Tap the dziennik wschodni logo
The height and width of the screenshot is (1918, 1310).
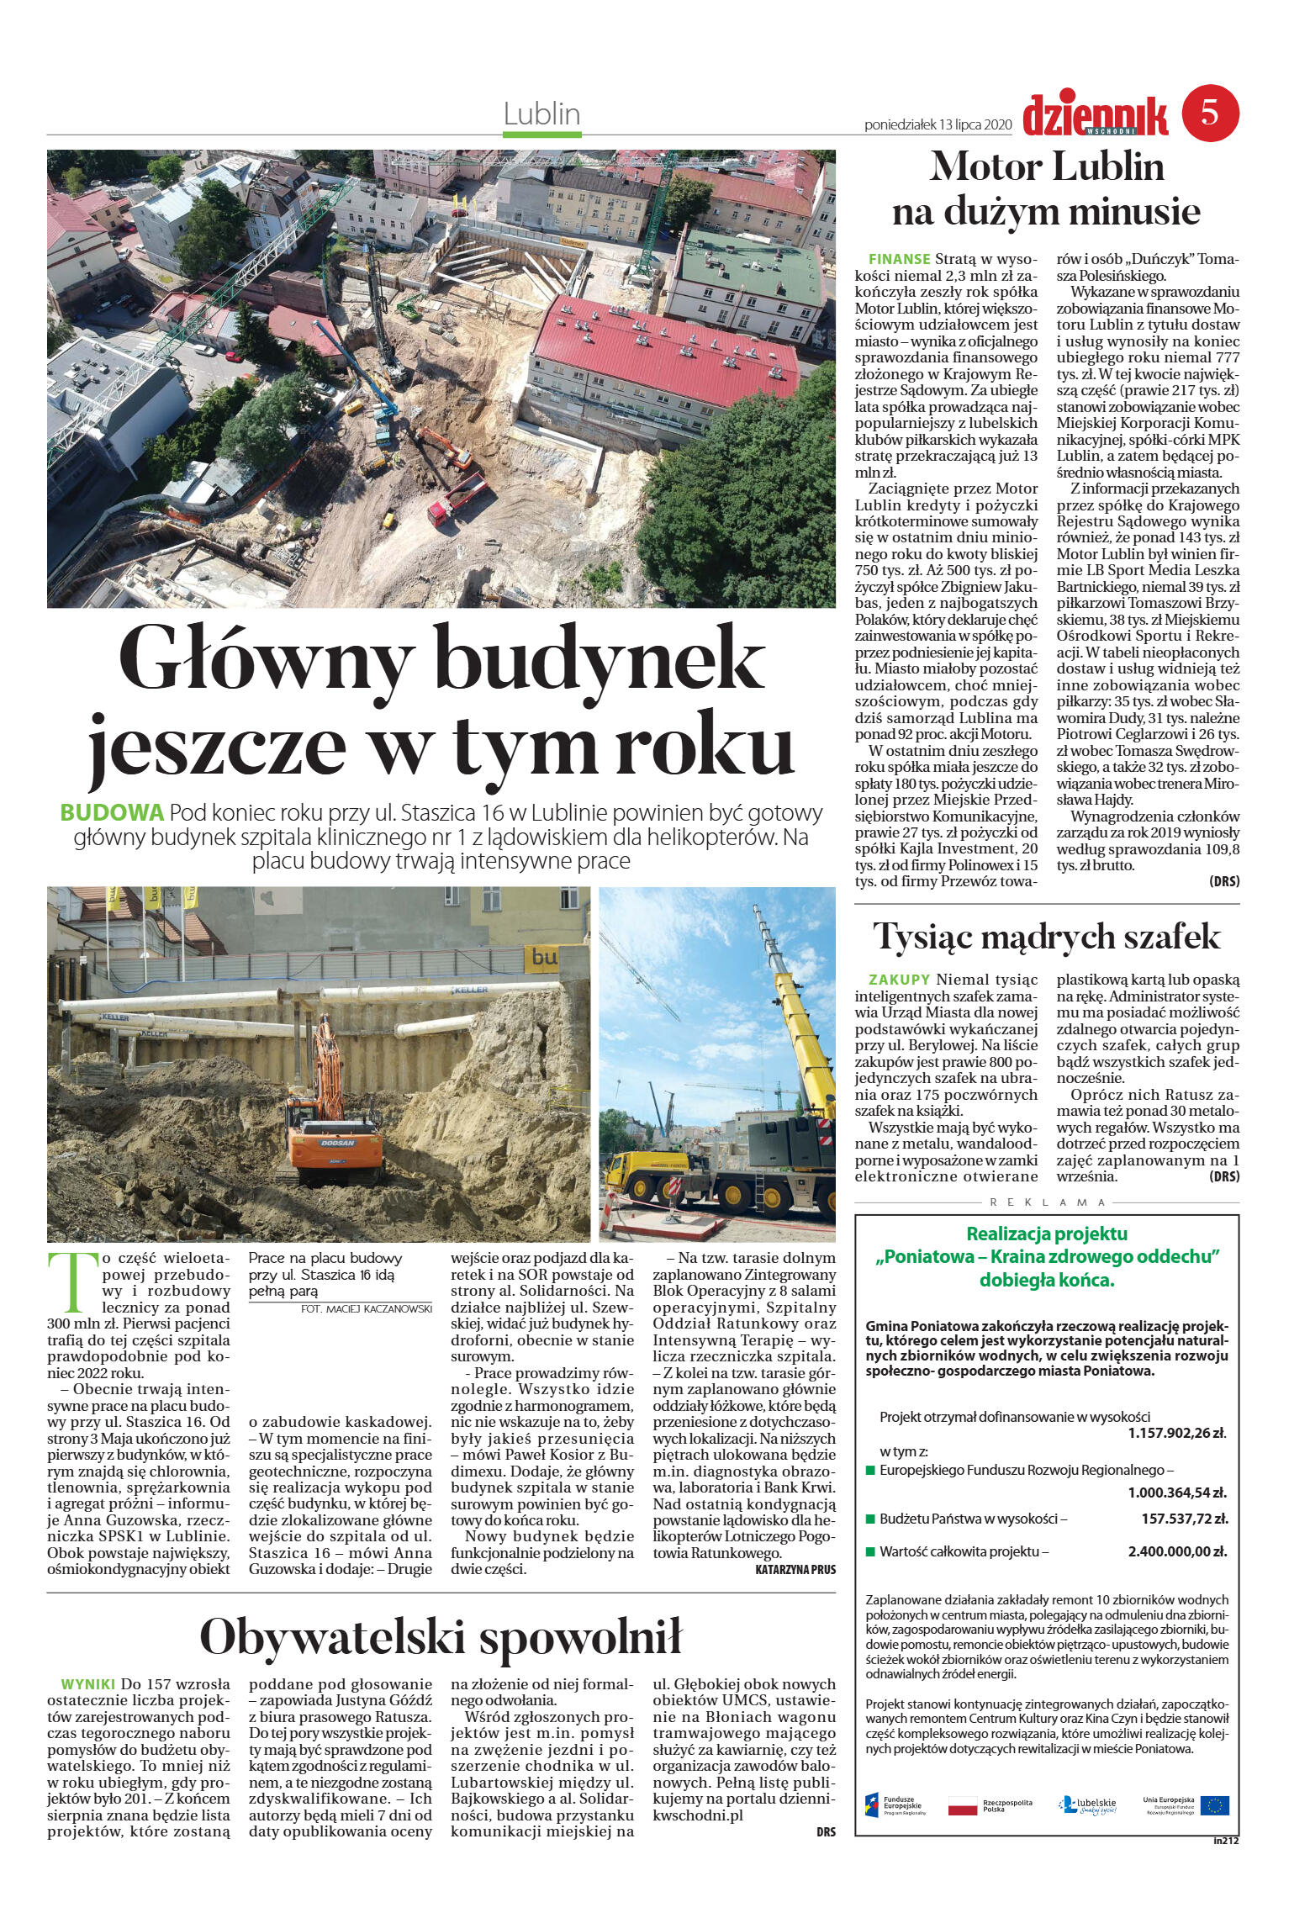click(x=1096, y=114)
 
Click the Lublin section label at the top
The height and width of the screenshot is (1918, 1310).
click(x=542, y=113)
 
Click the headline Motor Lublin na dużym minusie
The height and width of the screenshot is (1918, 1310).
click(x=1046, y=189)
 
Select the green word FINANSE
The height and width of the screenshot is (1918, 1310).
click(x=899, y=259)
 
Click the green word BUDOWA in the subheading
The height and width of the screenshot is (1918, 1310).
click(x=111, y=813)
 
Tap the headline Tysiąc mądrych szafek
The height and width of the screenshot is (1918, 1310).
click(x=1046, y=935)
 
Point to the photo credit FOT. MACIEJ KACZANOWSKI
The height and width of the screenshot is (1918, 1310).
click(x=366, y=1309)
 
